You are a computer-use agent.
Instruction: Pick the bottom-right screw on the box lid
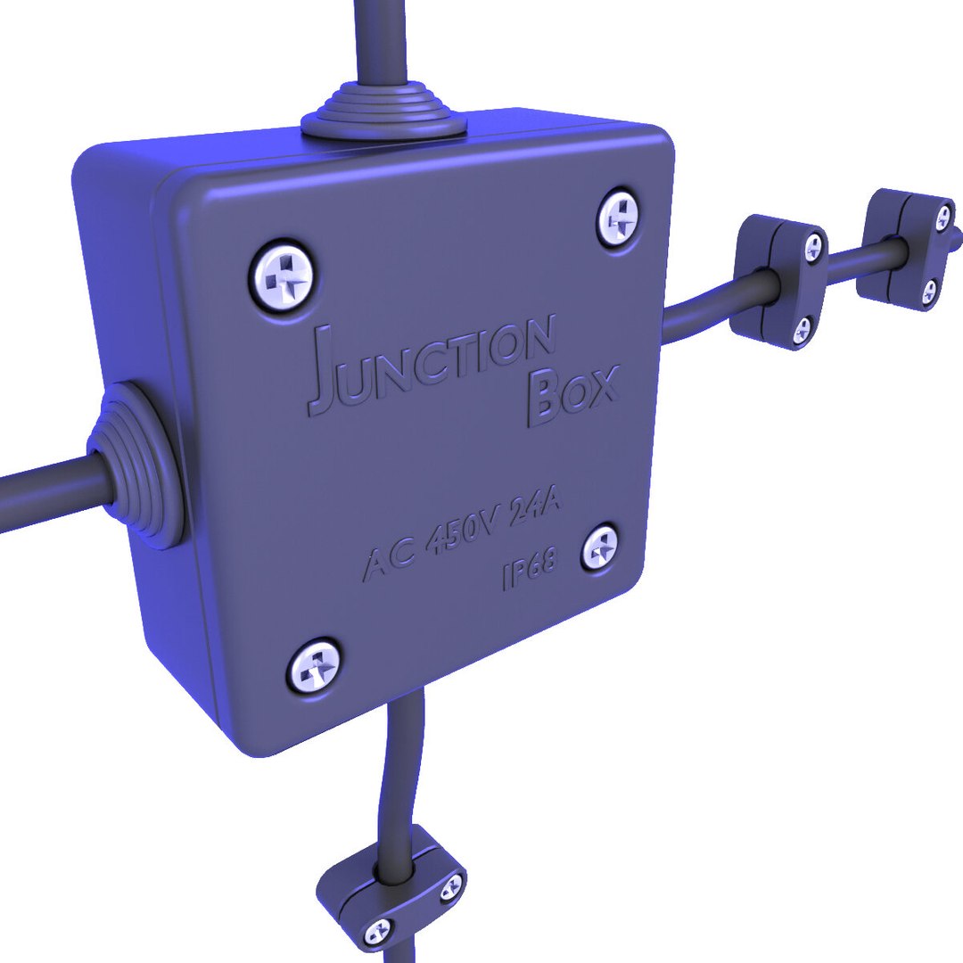click(601, 546)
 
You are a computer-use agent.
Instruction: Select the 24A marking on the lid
click(534, 516)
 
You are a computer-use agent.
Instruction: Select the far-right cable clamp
click(905, 249)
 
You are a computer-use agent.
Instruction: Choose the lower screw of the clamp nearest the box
click(802, 329)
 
